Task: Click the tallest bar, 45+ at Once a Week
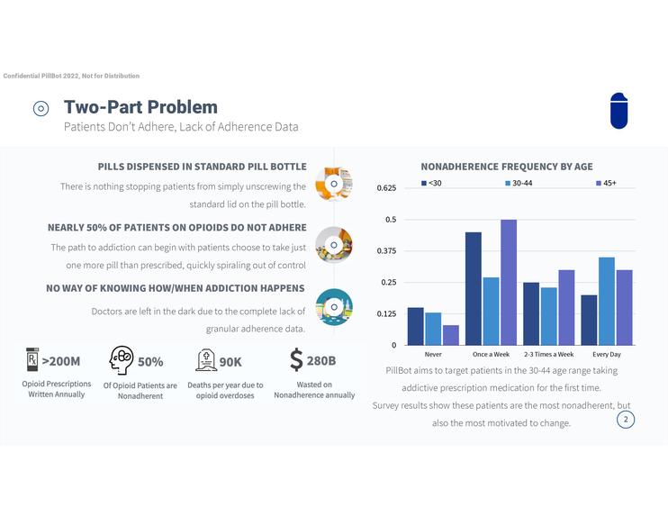pos(509,282)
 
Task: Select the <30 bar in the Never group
pos(415,326)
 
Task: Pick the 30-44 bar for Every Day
pos(607,301)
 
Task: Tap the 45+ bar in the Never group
pos(450,335)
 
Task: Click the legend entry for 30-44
pos(521,184)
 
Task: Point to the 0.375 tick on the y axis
pos(386,251)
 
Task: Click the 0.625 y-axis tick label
pos(386,188)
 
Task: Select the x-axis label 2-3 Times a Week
pos(549,355)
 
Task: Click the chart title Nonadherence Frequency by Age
pos(507,167)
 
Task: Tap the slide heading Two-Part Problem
pos(140,108)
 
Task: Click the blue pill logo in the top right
pos(618,111)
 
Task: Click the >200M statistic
pos(61,362)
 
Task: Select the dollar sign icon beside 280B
pos(296,360)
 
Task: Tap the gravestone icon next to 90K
pos(205,361)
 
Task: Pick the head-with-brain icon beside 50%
pos(122,360)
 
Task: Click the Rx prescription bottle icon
pos(32,360)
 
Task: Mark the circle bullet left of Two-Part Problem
pos(41,109)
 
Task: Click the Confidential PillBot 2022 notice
pos(72,76)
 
